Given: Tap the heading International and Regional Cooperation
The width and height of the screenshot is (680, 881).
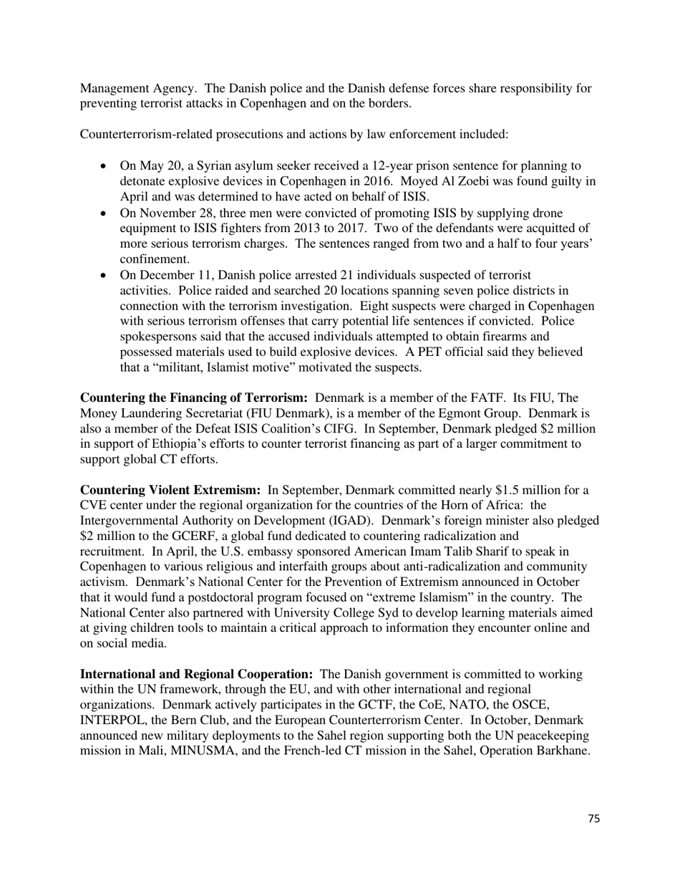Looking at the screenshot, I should pyautogui.click(x=196, y=675).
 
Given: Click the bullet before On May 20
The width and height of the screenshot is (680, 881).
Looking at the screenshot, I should pyautogui.click(x=105, y=166).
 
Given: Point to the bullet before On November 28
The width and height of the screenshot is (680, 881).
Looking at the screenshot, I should pyautogui.click(x=105, y=213).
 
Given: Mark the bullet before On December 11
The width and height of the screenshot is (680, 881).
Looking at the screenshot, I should pyautogui.click(x=105, y=275).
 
